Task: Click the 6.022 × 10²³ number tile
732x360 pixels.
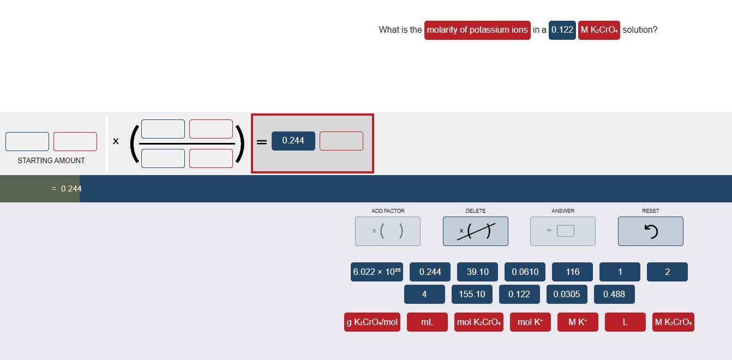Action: pos(377,272)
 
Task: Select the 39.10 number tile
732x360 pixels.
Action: pos(477,272)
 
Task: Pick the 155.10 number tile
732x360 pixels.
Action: pos(472,294)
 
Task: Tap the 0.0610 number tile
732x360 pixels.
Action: pos(525,272)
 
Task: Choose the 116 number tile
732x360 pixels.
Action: pos(572,272)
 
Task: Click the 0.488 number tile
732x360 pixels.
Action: pos(614,294)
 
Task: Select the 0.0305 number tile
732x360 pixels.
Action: pos(567,294)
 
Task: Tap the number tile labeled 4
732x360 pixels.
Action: pos(424,294)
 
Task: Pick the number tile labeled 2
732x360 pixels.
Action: pos(667,272)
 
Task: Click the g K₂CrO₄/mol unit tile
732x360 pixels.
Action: pos(372,322)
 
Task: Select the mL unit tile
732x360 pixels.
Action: pos(427,322)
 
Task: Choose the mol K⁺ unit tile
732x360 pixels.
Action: pos(530,322)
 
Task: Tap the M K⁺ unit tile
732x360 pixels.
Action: pos(578,322)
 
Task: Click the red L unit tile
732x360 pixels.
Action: pos(625,322)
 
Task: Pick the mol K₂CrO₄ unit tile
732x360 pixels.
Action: pos(478,322)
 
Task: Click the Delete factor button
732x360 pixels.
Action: pos(475,231)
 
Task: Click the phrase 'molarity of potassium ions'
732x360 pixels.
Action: pos(477,29)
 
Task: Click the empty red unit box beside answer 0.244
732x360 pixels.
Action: pos(341,141)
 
